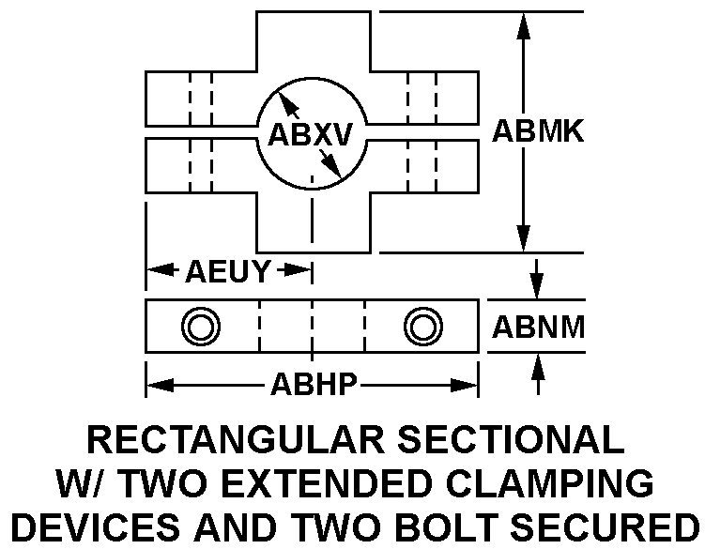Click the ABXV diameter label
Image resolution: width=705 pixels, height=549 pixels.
[310, 134]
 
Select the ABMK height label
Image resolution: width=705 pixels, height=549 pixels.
[538, 131]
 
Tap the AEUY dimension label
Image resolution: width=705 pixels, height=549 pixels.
[228, 271]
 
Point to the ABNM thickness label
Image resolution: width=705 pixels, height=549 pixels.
[539, 327]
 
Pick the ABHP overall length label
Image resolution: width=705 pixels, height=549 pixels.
[314, 385]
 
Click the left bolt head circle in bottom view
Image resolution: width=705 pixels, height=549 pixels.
[201, 327]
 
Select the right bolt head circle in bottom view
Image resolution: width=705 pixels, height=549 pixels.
[423, 327]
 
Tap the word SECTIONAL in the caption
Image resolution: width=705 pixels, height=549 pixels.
[512, 439]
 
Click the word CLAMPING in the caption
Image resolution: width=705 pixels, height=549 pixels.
[549, 483]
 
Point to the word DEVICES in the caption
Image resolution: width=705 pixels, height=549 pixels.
[96, 526]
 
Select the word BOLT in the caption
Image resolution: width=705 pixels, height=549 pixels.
[449, 526]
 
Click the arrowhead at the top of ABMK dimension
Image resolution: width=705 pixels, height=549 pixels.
[523, 28]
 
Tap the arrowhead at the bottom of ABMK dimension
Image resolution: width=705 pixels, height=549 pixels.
[523, 237]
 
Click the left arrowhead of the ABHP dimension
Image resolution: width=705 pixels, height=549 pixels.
[161, 385]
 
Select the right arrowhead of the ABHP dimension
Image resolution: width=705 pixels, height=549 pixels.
[464, 385]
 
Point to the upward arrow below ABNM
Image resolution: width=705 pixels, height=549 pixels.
[538, 374]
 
